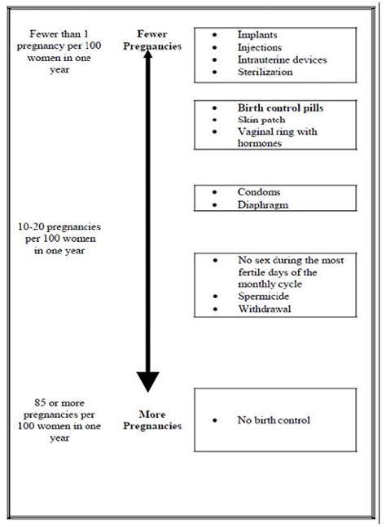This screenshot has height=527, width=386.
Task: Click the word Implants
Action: tap(256, 36)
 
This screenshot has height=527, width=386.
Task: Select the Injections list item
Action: tap(259, 47)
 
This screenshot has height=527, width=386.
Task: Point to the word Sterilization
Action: tap(265, 72)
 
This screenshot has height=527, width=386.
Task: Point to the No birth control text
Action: tap(274, 420)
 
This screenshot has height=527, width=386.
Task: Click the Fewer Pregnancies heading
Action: tap(147, 41)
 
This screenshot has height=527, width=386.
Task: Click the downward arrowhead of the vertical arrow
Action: tap(147, 381)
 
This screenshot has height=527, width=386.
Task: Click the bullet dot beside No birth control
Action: tap(213, 420)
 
